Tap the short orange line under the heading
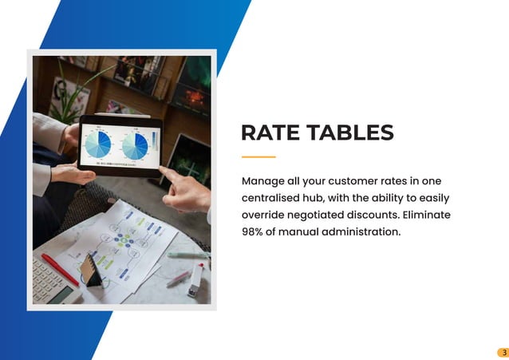[x=258, y=156]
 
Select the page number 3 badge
[x=503, y=352]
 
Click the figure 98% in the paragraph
[x=254, y=232]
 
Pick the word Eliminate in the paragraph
[x=427, y=216]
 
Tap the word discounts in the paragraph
[x=373, y=216]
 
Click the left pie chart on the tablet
[x=98, y=145]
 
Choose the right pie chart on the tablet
[x=134, y=145]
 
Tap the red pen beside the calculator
[x=60, y=269]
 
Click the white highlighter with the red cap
[x=195, y=280]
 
